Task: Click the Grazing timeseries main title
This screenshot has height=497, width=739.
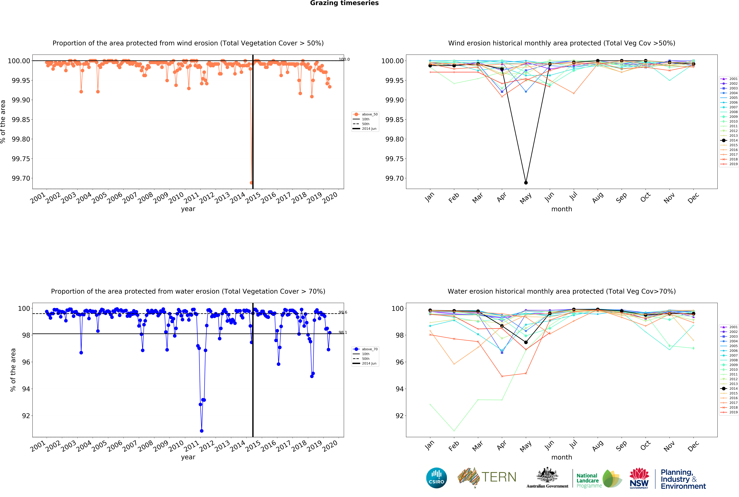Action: pyautogui.click(x=344, y=3)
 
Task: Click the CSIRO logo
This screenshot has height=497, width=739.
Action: pyautogui.click(x=436, y=478)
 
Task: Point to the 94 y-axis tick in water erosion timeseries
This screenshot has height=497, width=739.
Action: pyautogui.click(x=26, y=389)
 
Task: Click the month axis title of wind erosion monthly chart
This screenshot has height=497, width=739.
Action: pyautogui.click(x=562, y=209)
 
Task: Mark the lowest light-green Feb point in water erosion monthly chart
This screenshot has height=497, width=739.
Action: pyautogui.click(x=454, y=431)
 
